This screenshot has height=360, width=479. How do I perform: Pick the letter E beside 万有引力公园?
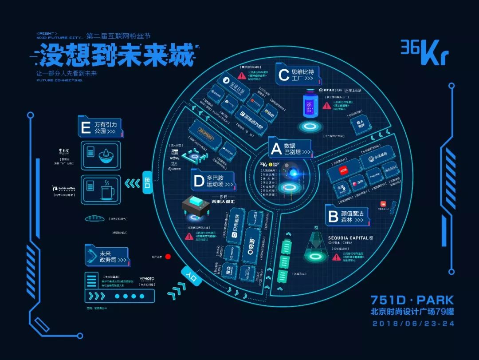point(86,128)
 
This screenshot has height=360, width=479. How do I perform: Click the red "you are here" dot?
point(168,257)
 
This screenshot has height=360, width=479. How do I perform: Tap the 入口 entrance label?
point(192,277)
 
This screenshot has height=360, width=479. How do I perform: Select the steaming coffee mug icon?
point(106,190)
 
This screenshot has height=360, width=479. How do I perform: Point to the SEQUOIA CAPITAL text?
point(348,238)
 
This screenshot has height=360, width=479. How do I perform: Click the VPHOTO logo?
point(147,279)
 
